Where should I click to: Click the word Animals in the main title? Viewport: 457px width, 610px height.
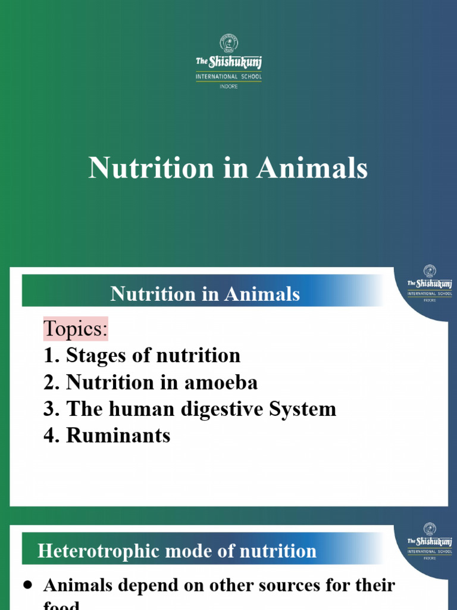coord(312,169)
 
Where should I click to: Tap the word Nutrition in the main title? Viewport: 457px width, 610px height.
coord(151,169)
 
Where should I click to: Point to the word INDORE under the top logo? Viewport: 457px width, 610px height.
coord(228,86)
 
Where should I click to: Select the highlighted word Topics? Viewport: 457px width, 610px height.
coord(76,329)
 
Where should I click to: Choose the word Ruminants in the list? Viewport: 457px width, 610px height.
coord(118,435)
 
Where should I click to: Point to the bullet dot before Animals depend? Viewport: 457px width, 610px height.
coord(27,586)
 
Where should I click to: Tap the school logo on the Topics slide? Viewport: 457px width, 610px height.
coord(429,284)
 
